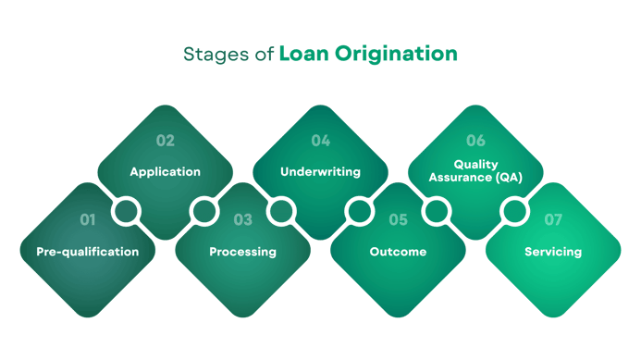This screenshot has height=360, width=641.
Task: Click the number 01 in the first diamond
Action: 87,220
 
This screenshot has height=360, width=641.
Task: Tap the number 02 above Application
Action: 165,141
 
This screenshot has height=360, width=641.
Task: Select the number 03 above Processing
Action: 242,220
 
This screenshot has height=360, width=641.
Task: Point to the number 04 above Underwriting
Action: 320,141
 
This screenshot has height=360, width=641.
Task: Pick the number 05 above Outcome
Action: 398,220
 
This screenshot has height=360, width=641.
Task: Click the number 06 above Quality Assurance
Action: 475,141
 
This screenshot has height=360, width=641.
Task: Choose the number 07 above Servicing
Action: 553,220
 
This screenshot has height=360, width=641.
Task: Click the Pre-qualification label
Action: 87,252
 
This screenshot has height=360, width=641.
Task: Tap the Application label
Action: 165,172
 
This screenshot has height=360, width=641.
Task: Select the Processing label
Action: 242,252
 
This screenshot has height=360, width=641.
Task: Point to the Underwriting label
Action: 320,172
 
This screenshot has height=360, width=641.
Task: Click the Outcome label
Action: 398,252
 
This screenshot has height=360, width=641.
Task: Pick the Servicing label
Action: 553,252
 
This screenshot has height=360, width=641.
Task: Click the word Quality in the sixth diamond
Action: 475,165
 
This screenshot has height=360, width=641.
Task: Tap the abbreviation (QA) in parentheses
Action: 506,177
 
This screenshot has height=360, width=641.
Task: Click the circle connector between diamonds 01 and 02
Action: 126,212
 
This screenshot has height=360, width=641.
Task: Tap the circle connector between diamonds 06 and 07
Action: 514,212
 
